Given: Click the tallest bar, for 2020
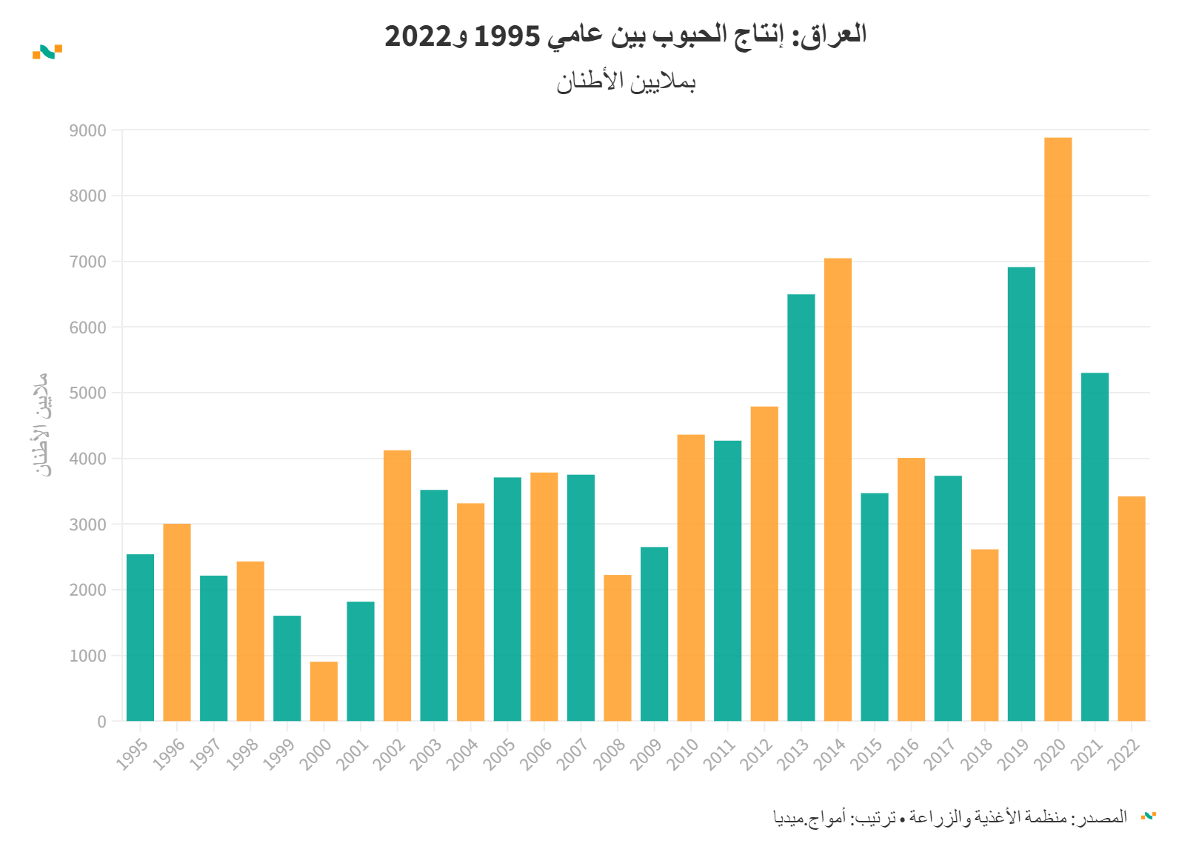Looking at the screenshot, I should point(1058,429).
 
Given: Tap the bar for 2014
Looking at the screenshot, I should point(838,489).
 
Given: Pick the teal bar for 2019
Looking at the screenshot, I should point(1021,493).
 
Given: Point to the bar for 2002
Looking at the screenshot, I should point(397,585).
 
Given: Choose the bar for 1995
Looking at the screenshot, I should point(140,637).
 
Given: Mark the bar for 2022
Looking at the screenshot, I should point(1131,608).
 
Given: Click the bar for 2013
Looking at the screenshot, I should point(801,507).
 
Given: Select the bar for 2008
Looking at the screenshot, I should point(617,648).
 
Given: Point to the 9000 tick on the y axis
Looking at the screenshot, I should point(87,131).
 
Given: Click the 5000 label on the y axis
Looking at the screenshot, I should point(87,393).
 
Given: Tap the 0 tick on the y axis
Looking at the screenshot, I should point(101,722).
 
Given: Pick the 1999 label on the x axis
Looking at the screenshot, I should point(279,755).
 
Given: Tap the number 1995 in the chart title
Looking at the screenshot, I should point(507,36).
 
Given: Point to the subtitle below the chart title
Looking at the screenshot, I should point(626,81).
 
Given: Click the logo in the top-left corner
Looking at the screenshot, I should point(47,51).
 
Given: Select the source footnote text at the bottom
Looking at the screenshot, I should point(949,817).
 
